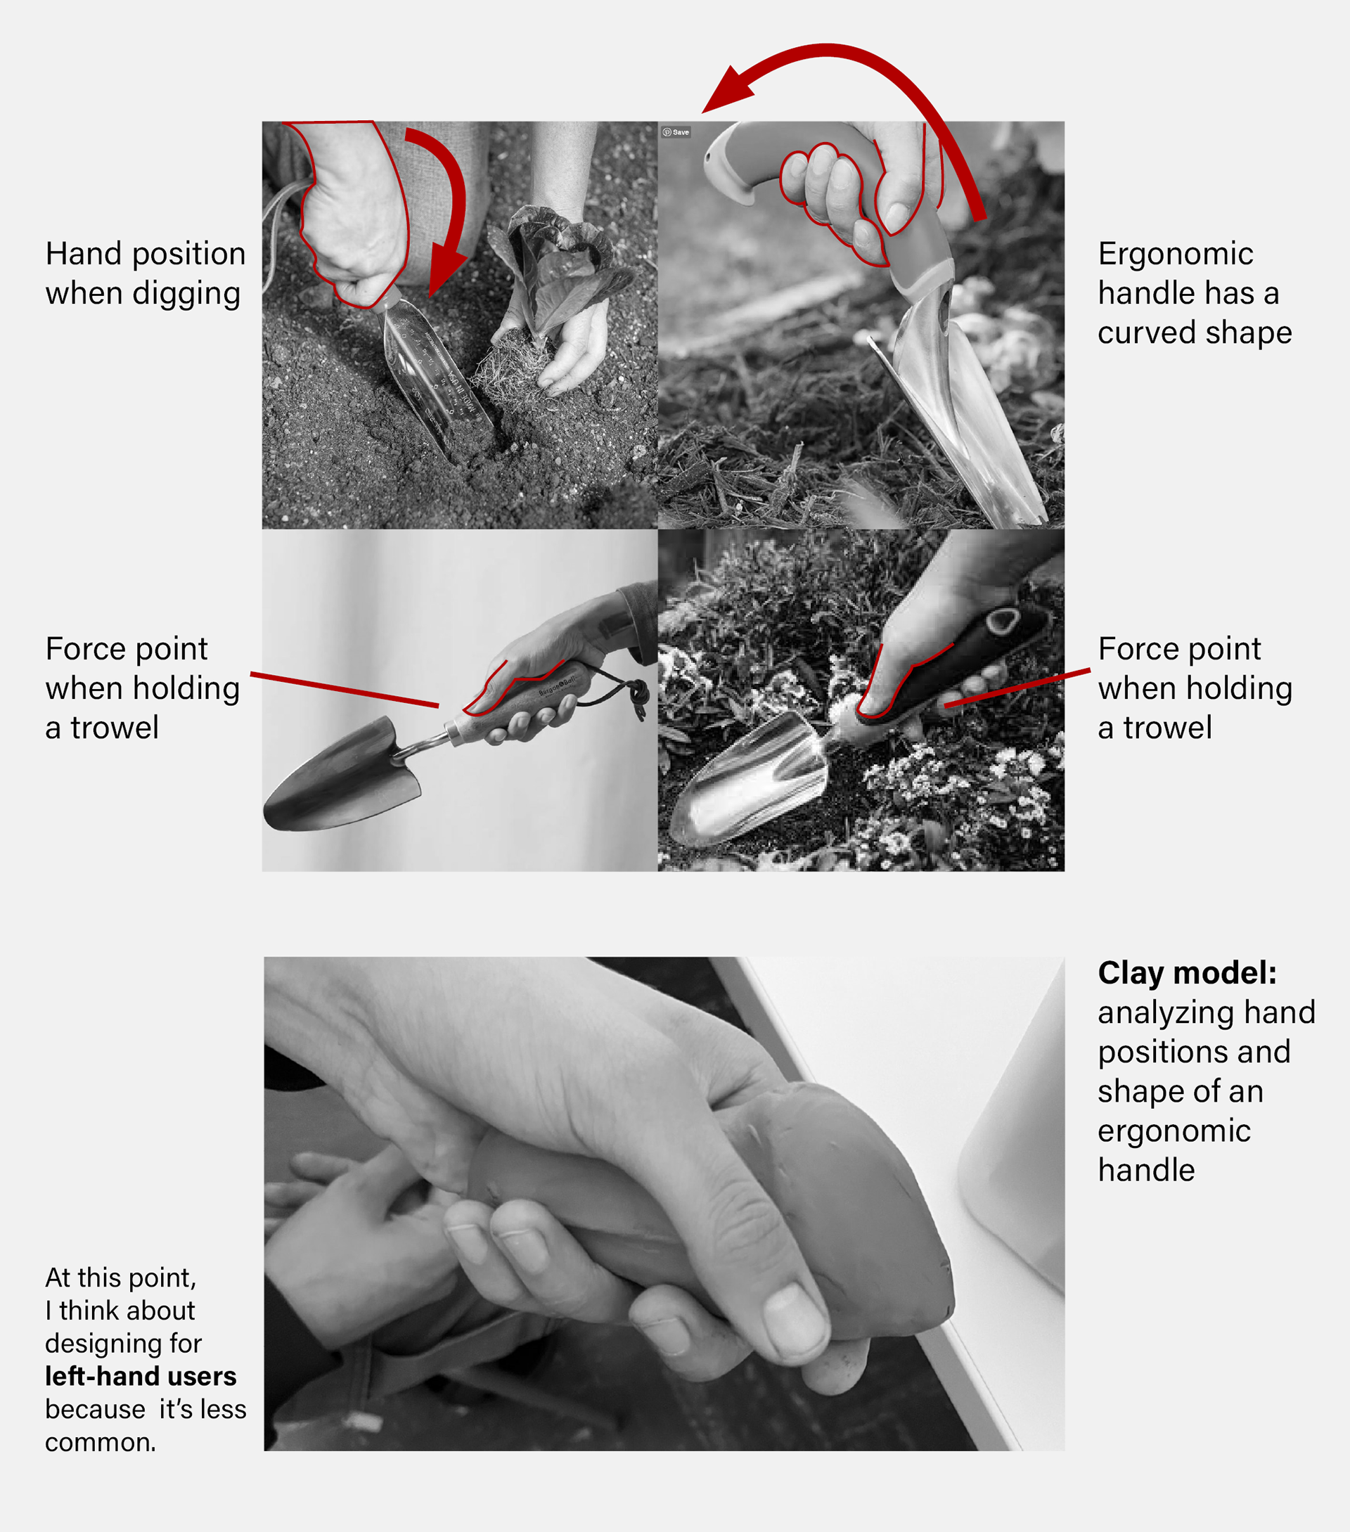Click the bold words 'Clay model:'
coord(1187,973)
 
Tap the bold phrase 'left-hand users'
coord(140,1376)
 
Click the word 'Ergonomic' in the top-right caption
coord(1176,254)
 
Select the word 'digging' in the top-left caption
coord(186,294)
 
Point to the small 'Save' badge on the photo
coord(676,132)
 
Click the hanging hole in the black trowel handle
coord(1001,620)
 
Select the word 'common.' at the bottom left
coord(101,1442)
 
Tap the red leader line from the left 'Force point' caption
coord(344,690)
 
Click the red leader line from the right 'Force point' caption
coord(1017,688)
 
